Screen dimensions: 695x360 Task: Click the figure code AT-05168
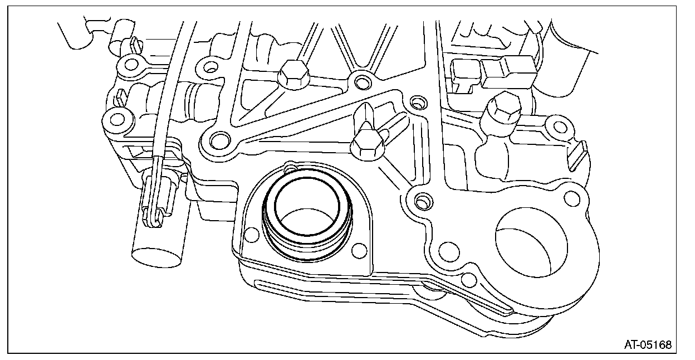(x=647, y=345)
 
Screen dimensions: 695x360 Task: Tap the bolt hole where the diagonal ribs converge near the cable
(x=218, y=139)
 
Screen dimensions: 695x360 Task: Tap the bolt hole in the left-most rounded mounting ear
(x=116, y=119)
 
